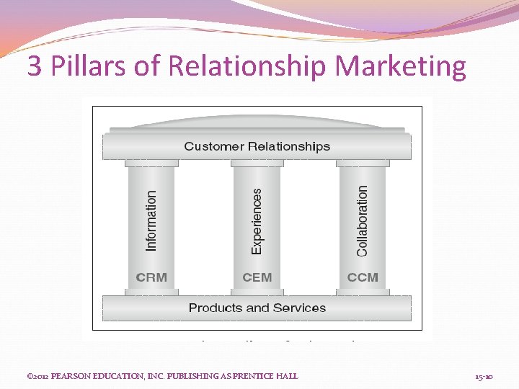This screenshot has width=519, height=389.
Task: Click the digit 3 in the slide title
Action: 34,67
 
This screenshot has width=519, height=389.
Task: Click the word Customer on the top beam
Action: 215,146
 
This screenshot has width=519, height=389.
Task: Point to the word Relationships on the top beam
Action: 289,146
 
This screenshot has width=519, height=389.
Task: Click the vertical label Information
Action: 151,220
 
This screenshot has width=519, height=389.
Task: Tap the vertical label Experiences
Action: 257,220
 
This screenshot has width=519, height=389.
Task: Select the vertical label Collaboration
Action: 362,220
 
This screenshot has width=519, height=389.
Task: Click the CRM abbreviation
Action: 151,277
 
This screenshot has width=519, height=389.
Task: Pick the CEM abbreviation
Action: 257,277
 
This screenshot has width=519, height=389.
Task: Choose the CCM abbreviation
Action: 363,277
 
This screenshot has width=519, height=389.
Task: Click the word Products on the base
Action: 215,308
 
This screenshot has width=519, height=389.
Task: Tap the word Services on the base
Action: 299,308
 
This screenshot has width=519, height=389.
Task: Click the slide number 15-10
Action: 484,376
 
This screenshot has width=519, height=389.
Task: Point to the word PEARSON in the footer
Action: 72,376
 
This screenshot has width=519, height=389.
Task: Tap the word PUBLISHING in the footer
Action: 197,376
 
